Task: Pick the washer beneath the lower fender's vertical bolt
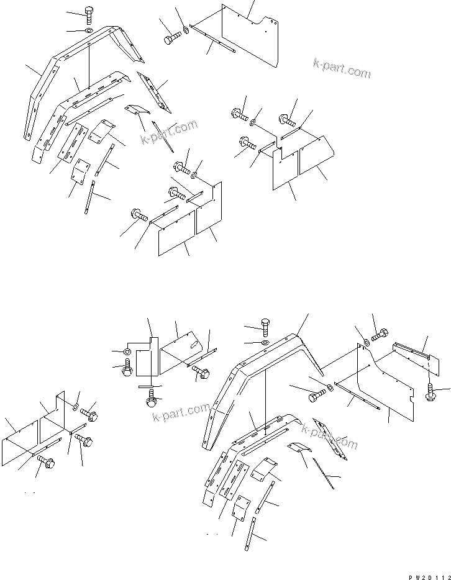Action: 265,342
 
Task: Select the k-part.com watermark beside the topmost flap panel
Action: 342,70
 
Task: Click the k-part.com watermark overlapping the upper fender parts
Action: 169,132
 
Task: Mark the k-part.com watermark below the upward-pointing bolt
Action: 181,412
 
